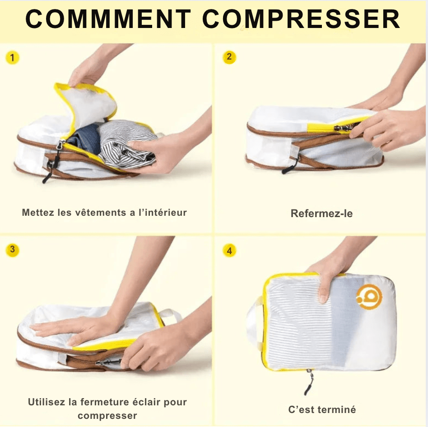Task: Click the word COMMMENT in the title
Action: point(108,19)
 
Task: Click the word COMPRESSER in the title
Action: point(301,19)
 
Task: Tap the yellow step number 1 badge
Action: point(12,58)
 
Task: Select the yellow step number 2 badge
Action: point(229,57)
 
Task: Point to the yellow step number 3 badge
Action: point(12,250)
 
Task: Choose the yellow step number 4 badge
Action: point(229,251)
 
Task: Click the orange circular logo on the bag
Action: point(369,297)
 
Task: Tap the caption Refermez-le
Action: point(321,213)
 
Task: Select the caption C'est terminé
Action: point(322,409)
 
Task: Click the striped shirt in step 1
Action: point(126,143)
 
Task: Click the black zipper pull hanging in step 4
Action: point(309,382)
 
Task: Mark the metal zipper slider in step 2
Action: point(344,127)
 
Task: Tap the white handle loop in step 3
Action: point(170,316)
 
